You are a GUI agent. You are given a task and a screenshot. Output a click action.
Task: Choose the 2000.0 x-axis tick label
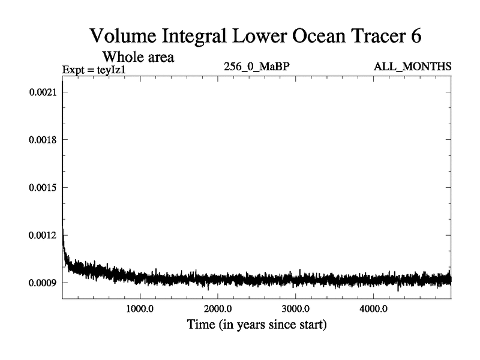217,311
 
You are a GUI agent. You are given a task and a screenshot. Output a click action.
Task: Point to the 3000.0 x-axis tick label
295,311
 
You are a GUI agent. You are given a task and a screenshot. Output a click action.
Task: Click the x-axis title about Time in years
256,326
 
